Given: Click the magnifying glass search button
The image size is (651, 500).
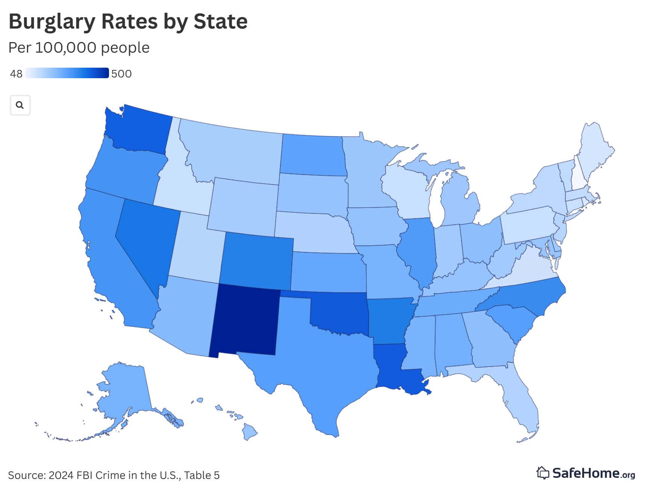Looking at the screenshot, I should click(20, 105).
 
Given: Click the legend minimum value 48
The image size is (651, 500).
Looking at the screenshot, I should click(16, 74).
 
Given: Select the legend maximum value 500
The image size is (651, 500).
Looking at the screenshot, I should click(121, 74).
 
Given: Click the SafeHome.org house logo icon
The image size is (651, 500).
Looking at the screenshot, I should click(543, 473).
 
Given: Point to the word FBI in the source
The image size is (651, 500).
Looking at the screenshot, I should click(85, 475).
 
